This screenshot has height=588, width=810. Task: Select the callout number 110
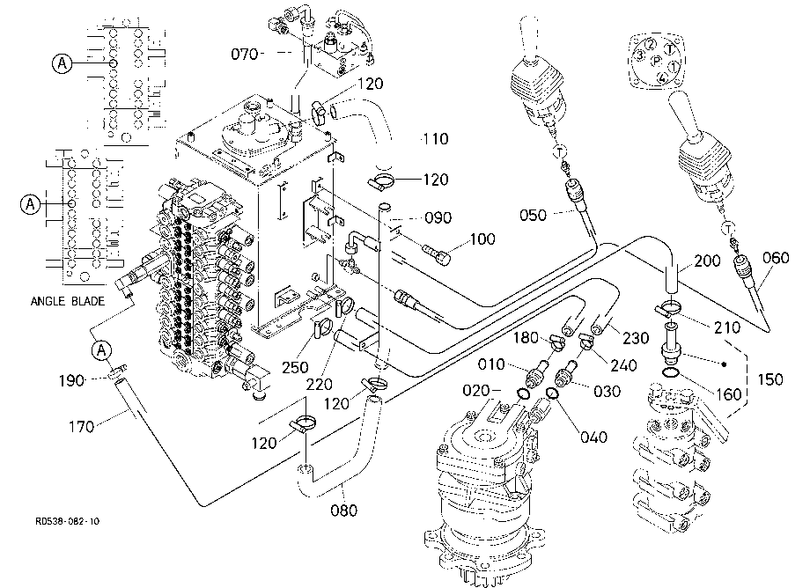click(x=436, y=139)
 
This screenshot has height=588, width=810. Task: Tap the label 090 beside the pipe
click(x=438, y=217)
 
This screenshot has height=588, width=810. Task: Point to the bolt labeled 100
click(x=437, y=254)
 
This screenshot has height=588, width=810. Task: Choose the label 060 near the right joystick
click(x=776, y=258)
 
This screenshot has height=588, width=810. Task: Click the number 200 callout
click(x=707, y=261)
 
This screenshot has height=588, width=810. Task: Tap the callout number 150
click(x=770, y=379)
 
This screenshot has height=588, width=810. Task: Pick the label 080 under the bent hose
click(x=343, y=511)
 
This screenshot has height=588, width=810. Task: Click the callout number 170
click(x=81, y=427)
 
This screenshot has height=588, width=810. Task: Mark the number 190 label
click(x=71, y=381)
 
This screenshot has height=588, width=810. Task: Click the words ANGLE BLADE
click(x=68, y=301)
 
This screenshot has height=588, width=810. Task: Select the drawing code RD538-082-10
click(x=67, y=521)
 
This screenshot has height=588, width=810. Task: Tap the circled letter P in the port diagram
click(x=656, y=61)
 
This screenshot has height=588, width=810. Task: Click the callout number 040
click(x=593, y=437)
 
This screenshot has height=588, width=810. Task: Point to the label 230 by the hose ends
click(x=636, y=338)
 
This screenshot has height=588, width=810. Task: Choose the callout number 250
click(x=295, y=368)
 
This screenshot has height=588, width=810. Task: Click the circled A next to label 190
click(x=101, y=350)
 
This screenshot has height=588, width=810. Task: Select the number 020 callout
click(x=475, y=391)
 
